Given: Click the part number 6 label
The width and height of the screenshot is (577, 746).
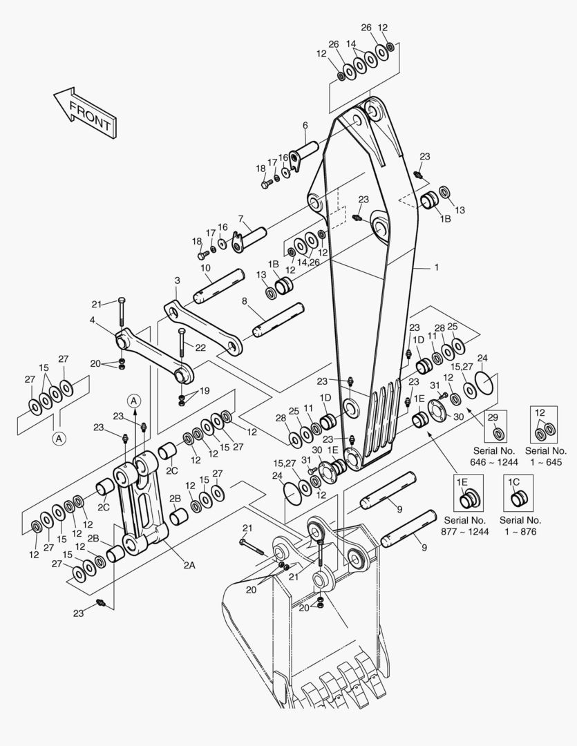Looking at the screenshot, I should point(305,125).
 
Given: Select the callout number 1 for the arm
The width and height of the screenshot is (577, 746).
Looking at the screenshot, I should point(436,267).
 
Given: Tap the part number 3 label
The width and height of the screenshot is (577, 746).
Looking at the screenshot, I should point(177,280).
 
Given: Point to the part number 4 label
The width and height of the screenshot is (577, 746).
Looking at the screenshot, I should point(92,320).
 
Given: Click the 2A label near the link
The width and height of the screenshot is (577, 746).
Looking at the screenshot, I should point(189,565).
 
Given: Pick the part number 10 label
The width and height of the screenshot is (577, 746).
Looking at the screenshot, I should point(205,268).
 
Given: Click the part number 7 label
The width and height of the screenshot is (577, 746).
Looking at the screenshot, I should point(240,219).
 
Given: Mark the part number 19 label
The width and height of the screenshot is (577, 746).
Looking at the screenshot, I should point(204,391).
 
